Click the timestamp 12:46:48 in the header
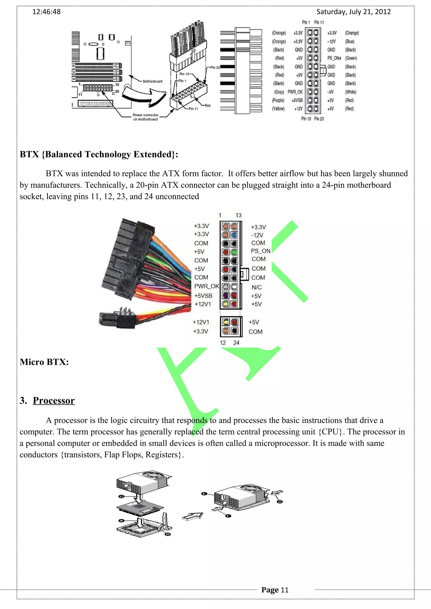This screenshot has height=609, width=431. pos(47,12)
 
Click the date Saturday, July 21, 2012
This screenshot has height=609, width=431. pos(354,12)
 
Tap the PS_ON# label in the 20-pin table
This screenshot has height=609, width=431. pos(334,58)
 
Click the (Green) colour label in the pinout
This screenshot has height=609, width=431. pos(351,58)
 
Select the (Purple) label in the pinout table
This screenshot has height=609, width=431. pos(278,100)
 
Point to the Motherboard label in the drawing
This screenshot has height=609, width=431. pos(152,81)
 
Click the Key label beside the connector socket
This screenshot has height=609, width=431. pos(208,105)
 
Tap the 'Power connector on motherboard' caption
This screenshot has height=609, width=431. pos(145,117)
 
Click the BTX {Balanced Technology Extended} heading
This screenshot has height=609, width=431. pos(99,154)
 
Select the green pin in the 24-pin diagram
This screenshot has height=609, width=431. pos(234,252)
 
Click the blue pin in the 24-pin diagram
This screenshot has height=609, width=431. pos(234,235)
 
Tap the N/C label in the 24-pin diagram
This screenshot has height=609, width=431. pos(257,287)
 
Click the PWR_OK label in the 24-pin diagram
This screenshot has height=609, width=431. pos(207,286)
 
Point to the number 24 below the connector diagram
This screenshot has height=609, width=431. pos(236,343)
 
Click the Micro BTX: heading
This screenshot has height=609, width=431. pos(44,362)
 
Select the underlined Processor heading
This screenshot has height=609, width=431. pos(54,401)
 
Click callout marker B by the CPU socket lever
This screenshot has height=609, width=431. pos(168,534)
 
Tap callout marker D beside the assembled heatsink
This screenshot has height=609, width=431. pos(280,502)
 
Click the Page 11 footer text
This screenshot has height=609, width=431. pos(275,590)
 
